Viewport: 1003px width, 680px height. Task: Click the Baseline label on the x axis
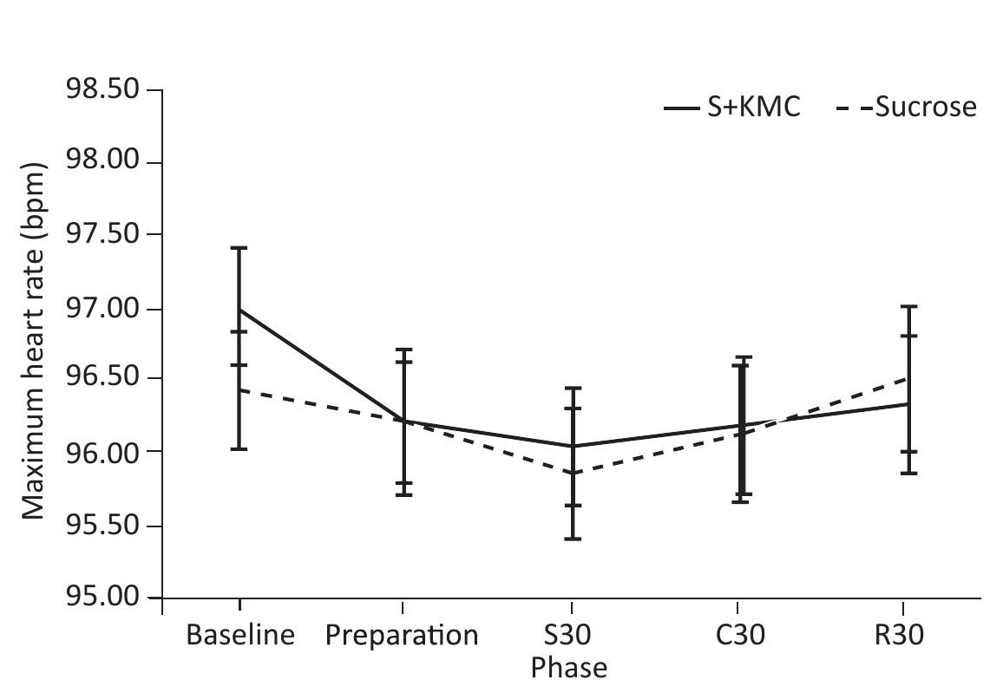(x=240, y=636)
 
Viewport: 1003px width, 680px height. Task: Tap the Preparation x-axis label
(x=402, y=636)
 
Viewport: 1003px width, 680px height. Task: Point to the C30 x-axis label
(x=739, y=636)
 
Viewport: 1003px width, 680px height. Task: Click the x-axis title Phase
(x=569, y=666)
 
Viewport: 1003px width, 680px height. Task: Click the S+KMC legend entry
(x=732, y=108)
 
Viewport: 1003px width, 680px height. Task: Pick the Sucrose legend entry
(x=907, y=108)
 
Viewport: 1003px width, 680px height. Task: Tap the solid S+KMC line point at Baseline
(x=239, y=310)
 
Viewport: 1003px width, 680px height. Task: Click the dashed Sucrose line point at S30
(x=572, y=473)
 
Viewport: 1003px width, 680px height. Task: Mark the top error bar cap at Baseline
(x=239, y=248)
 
